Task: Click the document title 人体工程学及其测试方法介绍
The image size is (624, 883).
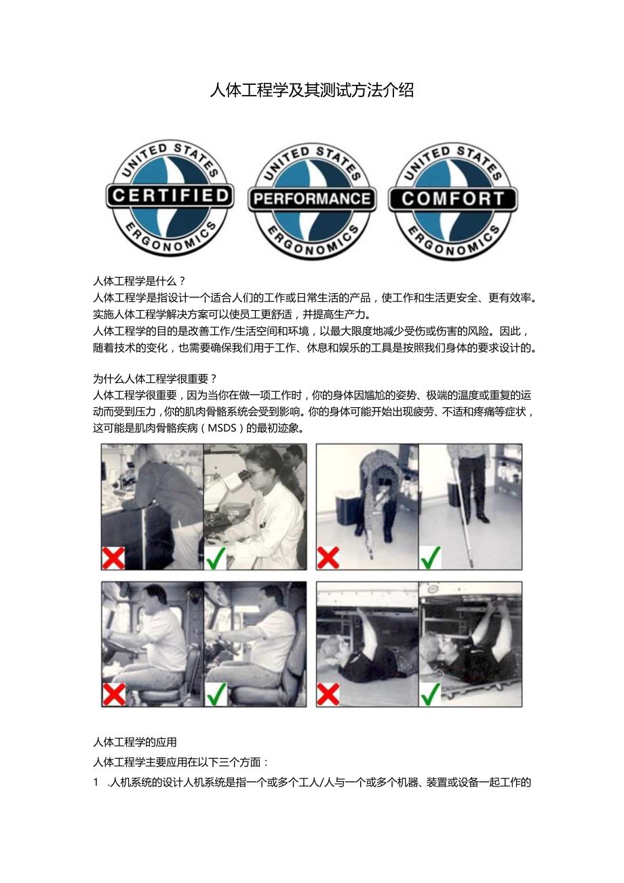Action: (x=311, y=90)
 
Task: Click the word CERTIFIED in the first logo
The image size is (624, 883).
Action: (x=170, y=197)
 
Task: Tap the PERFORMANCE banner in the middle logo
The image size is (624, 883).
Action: (x=311, y=199)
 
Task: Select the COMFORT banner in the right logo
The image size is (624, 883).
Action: (x=452, y=199)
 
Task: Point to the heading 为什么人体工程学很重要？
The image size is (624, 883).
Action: (x=155, y=379)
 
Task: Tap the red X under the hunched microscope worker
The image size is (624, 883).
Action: (x=114, y=557)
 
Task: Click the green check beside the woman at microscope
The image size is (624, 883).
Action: (x=216, y=557)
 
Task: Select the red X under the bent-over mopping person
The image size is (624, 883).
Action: (x=328, y=557)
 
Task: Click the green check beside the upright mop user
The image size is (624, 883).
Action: (x=431, y=557)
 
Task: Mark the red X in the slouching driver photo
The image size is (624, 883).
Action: (x=114, y=694)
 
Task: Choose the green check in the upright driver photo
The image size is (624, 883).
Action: (x=216, y=694)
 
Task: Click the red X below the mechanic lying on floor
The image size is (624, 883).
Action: (x=328, y=694)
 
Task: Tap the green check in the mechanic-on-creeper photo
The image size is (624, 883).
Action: (x=431, y=694)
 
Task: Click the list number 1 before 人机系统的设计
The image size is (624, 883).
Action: (x=96, y=783)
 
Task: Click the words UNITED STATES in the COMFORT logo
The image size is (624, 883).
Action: (x=452, y=158)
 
